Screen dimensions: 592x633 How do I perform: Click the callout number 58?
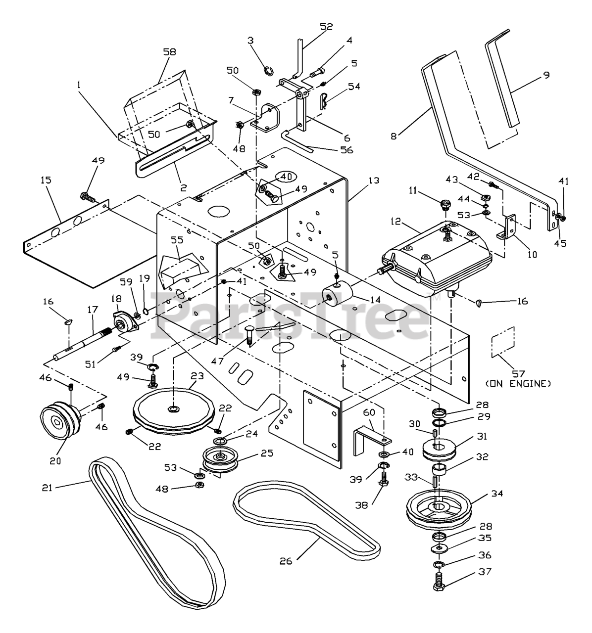click(169, 52)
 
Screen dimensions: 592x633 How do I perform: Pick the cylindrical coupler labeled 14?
click(337, 292)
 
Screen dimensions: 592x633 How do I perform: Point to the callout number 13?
click(374, 180)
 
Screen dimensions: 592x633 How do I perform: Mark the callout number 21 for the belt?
click(47, 488)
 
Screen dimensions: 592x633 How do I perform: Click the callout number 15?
click(46, 180)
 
